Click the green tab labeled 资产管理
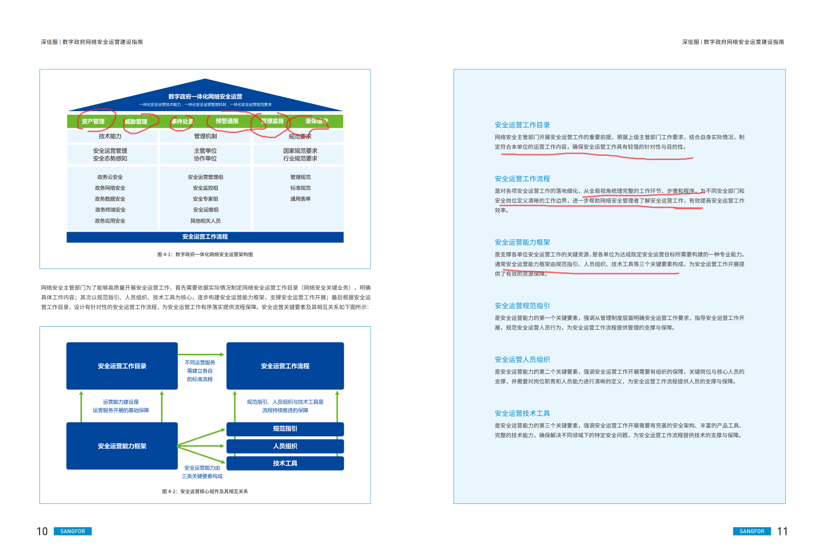coord(93,122)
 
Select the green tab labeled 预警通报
coord(227,121)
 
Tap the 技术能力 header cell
coord(110,136)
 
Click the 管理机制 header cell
coord(206,136)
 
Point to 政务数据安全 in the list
coord(110,199)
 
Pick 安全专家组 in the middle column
coord(206,199)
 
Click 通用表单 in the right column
coord(300,199)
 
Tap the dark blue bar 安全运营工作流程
coord(205,237)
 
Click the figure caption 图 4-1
coord(205,255)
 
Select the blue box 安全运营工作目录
coord(122,366)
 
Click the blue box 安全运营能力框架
coord(122,446)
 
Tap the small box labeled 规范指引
coord(285,429)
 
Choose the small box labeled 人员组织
coord(285,446)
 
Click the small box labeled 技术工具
coord(285,463)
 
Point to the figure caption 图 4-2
coord(205,491)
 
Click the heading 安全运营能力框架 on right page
coord(522,243)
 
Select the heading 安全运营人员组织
coord(522,359)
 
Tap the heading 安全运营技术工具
coord(522,414)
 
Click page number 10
coord(42,531)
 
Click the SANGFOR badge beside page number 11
coord(752,531)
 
